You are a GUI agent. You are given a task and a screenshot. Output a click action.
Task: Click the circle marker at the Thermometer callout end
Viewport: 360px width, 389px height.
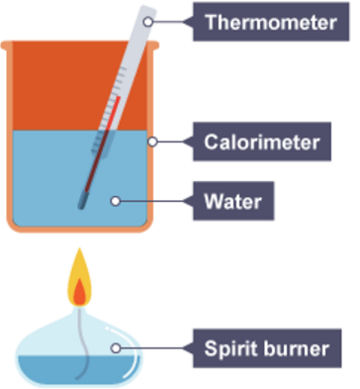coord(150,21)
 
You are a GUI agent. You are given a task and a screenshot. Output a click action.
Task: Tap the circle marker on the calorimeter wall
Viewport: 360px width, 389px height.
coord(152,142)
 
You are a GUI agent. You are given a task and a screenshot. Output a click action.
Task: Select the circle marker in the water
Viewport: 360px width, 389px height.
coord(116,201)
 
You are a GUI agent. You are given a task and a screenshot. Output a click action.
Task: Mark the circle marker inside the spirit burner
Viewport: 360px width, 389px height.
coord(117,347)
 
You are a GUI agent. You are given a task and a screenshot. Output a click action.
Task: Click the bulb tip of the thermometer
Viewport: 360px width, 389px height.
coord(83,204)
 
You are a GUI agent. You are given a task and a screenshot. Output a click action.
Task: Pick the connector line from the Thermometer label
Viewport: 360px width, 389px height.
coord(175,21)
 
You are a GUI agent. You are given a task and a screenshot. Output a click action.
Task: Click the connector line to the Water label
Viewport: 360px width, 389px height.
coord(158,201)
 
